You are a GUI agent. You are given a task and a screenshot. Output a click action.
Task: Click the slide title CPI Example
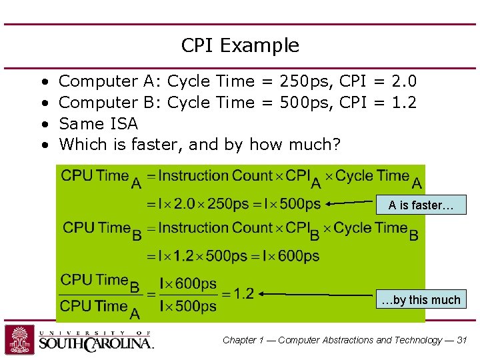click(240, 45)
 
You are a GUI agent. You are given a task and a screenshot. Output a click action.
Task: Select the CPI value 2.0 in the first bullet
click(404, 81)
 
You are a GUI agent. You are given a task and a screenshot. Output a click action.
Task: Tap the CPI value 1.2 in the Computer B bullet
click(404, 103)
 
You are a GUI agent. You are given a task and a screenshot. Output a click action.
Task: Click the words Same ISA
click(99, 124)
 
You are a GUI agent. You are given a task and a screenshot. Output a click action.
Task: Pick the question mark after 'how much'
click(335, 145)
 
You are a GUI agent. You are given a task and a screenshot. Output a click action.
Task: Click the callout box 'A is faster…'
click(421, 205)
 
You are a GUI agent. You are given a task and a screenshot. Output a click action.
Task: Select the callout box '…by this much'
click(421, 299)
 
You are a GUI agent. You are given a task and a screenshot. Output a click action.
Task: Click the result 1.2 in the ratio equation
click(244, 293)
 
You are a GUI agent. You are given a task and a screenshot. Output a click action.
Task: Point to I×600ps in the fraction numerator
click(188, 283)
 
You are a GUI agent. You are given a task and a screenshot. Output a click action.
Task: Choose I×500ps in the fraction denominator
click(188, 306)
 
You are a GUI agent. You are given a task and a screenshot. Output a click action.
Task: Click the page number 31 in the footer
click(462, 340)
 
